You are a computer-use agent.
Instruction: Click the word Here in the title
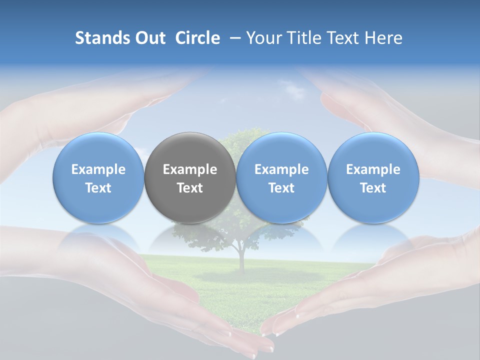pos(384,38)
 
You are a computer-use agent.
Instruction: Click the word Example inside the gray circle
pos(190,169)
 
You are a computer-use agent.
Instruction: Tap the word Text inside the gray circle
pos(190,188)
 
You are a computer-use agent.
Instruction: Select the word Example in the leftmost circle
pos(98,169)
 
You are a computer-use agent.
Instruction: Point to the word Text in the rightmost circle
pos(373,188)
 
